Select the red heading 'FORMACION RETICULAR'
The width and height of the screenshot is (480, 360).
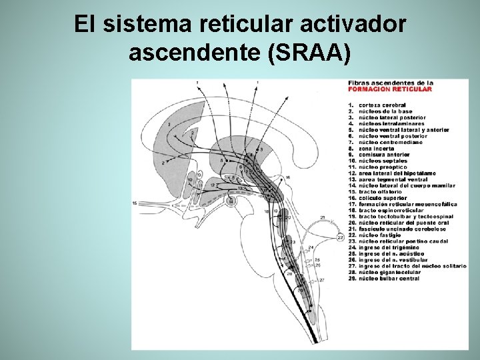[x=389, y=89]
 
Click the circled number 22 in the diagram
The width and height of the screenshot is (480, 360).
[x=340, y=236]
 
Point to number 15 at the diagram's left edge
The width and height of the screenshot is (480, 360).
[x=135, y=202]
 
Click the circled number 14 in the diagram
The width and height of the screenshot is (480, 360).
[x=231, y=200]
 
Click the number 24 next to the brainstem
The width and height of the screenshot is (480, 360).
[x=310, y=247]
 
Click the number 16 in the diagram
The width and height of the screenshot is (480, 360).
[x=287, y=178]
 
